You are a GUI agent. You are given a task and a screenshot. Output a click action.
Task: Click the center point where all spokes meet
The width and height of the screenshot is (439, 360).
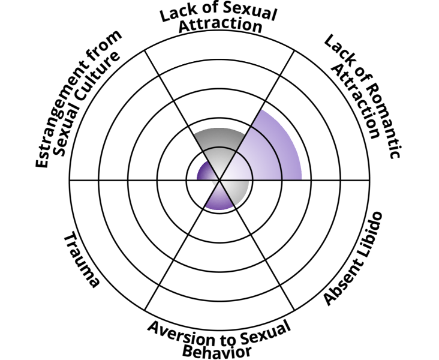coord(220,179)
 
